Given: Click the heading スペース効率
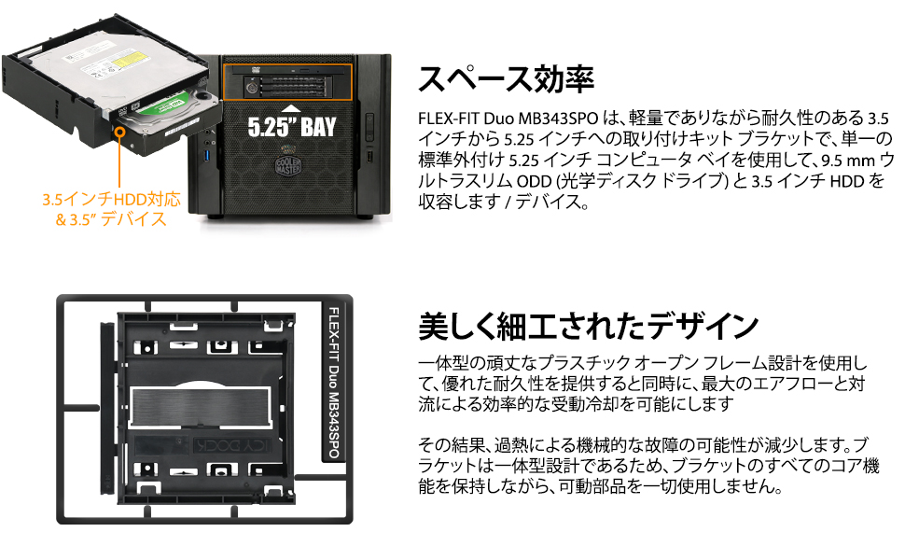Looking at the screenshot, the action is coord(506,79).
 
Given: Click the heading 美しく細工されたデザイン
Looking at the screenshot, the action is coord(587,326).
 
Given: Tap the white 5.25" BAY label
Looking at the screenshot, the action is coord(291,126).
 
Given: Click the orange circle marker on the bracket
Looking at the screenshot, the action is coord(120,132).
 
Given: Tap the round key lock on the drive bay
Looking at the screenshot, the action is coord(252,88).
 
